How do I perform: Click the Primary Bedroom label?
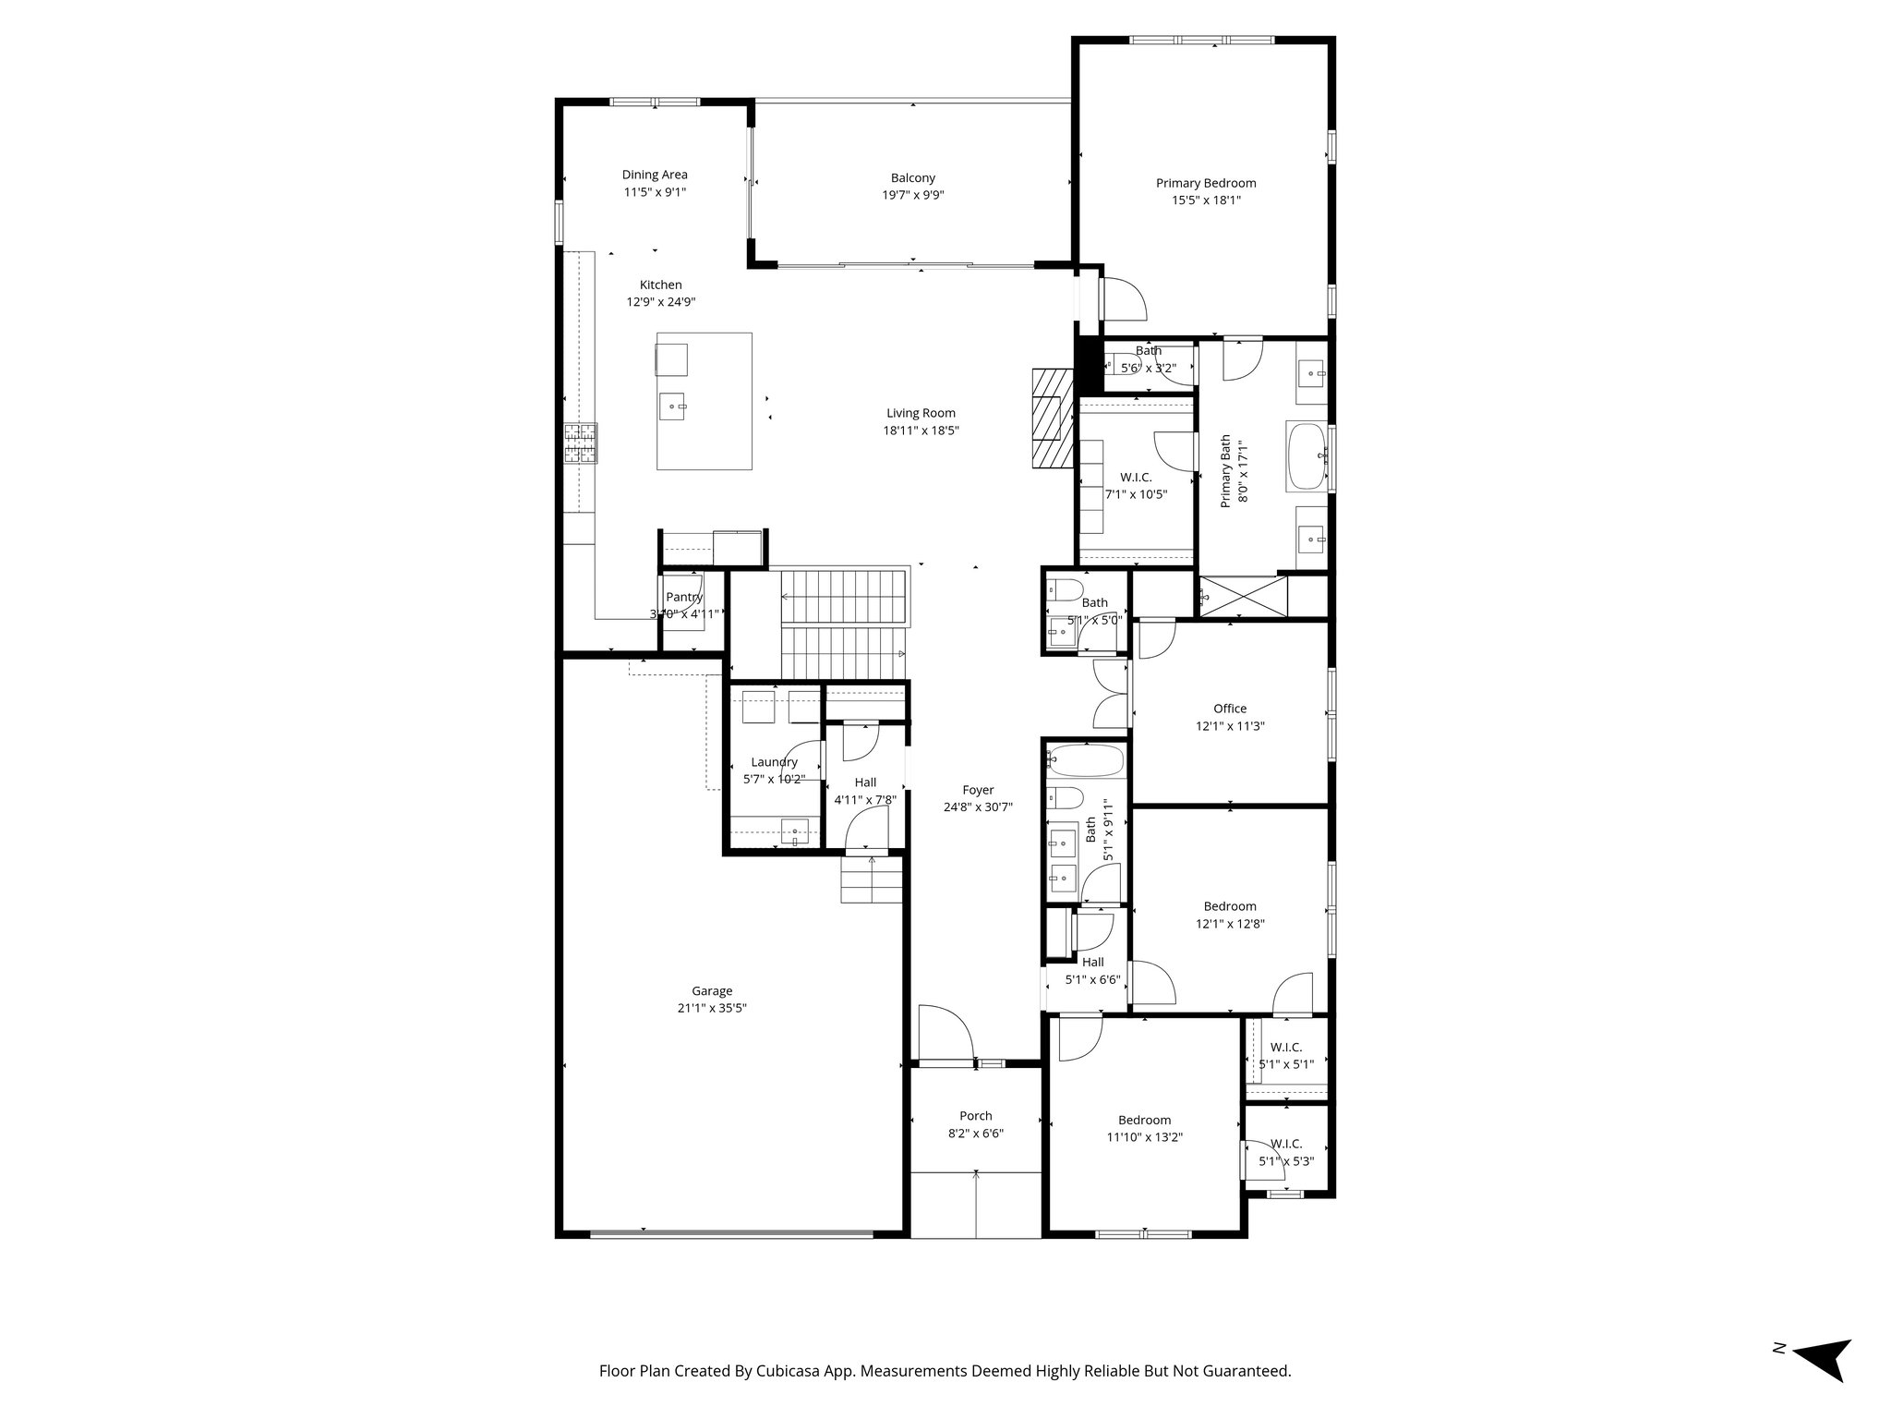tap(1205, 183)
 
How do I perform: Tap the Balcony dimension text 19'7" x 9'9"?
tap(912, 195)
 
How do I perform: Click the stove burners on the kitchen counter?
tap(581, 443)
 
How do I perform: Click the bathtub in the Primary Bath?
tap(1307, 455)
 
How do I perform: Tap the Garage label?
tap(711, 991)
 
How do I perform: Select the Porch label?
tap(975, 1116)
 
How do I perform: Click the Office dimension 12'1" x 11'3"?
tap(1229, 726)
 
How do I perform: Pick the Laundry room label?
tap(774, 762)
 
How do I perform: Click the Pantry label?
tap(684, 597)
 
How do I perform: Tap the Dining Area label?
tap(654, 175)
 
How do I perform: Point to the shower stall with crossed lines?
tap(1242, 596)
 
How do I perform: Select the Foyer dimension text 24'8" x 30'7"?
tap(978, 807)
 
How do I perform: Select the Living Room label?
tap(921, 413)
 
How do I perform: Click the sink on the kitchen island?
tap(673, 406)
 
